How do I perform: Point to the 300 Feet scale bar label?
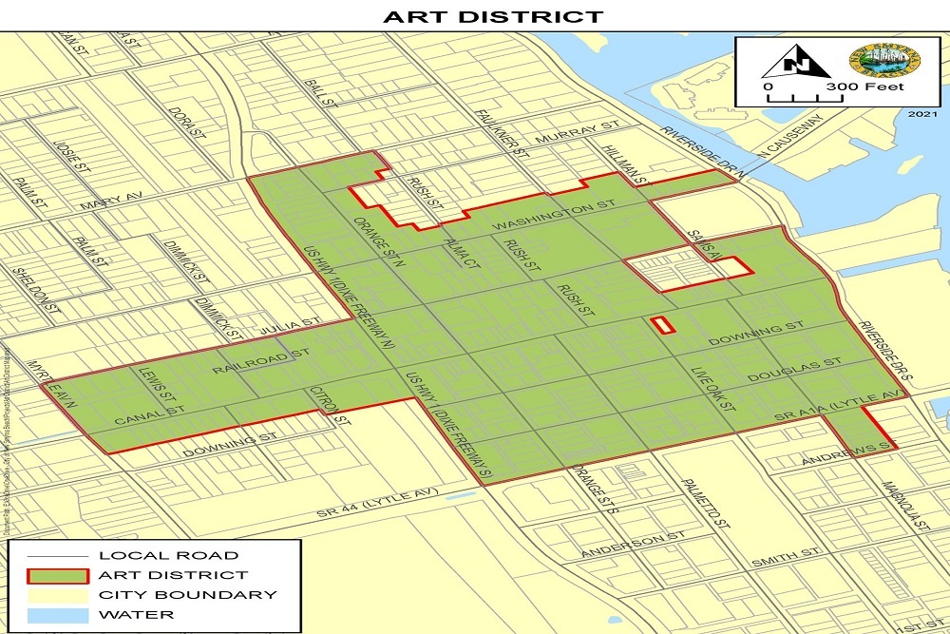coord(864,87)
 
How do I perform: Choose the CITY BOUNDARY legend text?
coord(188,595)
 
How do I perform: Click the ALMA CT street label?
coord(461,254)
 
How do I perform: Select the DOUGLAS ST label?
coord(794,371)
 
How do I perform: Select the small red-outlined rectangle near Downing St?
coord(662,325)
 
